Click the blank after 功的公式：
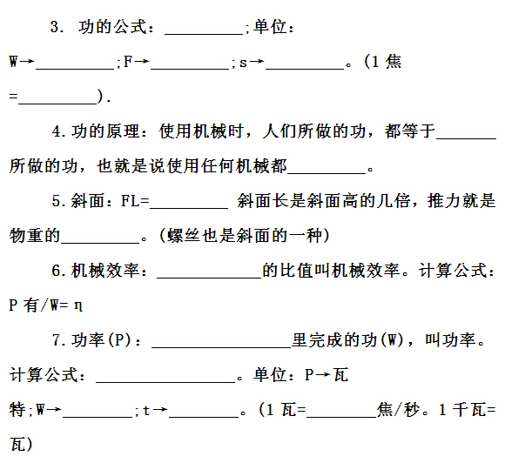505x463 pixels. click(204, 34)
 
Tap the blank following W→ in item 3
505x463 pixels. click(75, 69)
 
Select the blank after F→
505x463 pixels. click(190, 69)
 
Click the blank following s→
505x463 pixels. click(305, 69)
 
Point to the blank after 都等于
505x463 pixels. click(467, 138)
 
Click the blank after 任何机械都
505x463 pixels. click(327, 173)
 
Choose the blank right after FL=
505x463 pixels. click(189, 208)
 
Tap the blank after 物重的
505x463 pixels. click(100, 243)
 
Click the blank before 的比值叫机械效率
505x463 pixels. click(209, 278)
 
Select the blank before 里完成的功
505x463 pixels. click(221, 347)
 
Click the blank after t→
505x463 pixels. click(204, 417)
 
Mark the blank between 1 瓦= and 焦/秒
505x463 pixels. click(341, 417)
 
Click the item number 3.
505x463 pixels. click(56, 27)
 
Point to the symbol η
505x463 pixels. click(78, 305)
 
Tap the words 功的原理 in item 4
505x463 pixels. click(105, 131)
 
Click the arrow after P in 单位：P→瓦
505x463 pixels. click(323, 375)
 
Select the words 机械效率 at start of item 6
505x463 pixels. click(105, 270)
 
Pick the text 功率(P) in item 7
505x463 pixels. click(102, 340)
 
